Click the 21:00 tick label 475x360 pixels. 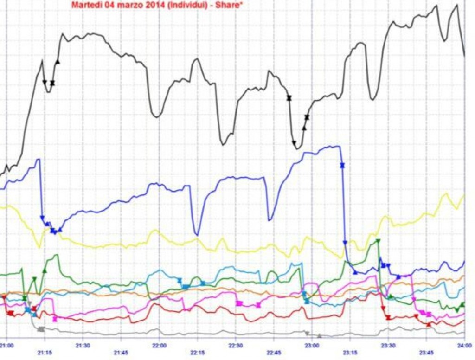(6, 345)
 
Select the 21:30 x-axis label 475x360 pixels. (83, 345)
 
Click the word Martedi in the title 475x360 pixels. (84, 6)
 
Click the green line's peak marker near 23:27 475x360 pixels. (378, 241)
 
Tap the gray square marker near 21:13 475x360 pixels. (41, 329)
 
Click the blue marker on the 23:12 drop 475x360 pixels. (342, 165)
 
